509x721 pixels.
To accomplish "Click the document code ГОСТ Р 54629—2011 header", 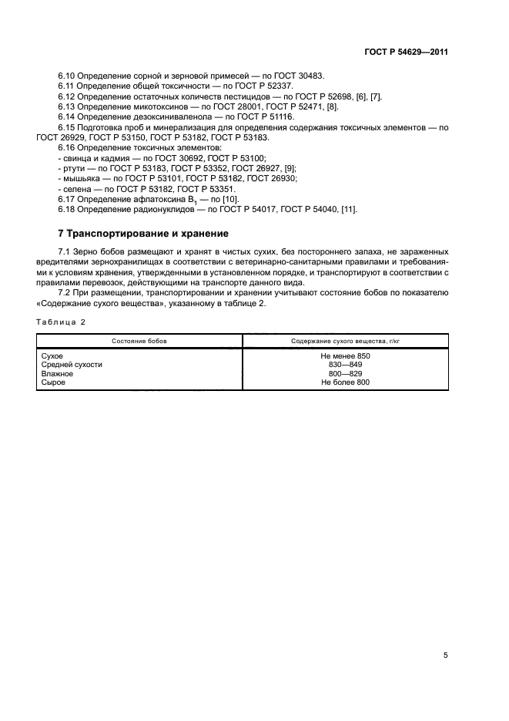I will pos(406,52).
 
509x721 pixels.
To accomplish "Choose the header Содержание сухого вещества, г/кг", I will pos(346,340).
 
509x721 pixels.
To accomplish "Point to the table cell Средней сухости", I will pos(71,364).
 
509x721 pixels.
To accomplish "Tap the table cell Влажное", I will pos(55,373).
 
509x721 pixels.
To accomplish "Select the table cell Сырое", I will pos(52,382).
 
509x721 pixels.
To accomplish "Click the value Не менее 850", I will pos(346,355).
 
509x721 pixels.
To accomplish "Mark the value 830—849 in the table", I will pos(346,364).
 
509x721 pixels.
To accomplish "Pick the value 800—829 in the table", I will pos(346,373).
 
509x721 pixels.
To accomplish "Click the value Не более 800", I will pos(346,382).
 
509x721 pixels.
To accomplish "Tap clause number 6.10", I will pos(67,76).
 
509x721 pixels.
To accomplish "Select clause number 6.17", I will pos(67,199).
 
